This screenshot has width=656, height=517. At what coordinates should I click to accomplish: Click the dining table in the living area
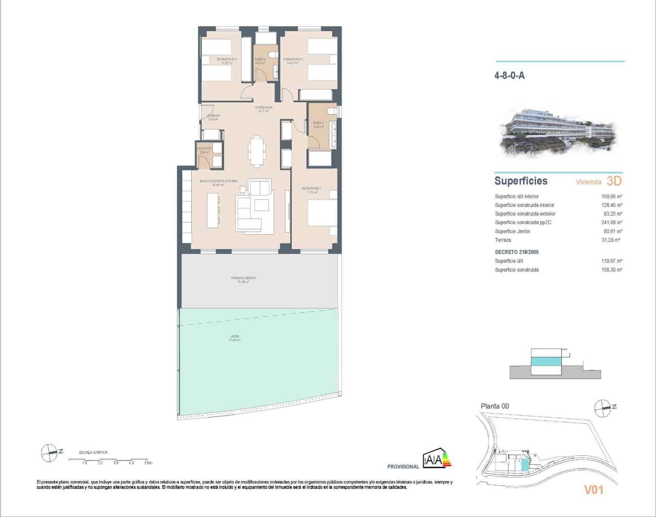pyautogui.click(x=257, y=151)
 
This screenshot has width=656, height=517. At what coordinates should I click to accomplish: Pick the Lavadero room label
pyautogui.click(x=204, y=150)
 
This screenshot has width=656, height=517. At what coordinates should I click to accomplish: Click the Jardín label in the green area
pyautogui.click(x=235, y=338)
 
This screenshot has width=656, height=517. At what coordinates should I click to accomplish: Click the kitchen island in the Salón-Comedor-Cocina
pyautogui.click(x=213, y=210)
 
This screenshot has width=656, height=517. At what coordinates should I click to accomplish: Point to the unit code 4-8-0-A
pyautogui.click(x=509, y=76)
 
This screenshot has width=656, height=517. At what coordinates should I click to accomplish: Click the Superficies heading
pyautogui.click(x=521, y=181)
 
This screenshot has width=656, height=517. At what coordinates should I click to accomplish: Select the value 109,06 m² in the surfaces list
pyautogui.click(x=612, y=196)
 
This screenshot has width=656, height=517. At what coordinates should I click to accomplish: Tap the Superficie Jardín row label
pyautogui.click(x=512, y=231)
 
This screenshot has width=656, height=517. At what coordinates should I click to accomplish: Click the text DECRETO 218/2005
pyautogui.click(x=517, y=252)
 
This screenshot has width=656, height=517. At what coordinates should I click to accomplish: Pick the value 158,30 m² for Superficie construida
pyautogui.click(x=612, y=270)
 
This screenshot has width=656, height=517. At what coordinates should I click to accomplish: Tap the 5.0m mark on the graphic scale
pyautogui.click(x=148, y=463)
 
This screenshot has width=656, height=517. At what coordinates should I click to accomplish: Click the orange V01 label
pyautogui.click(x=593, y=489)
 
